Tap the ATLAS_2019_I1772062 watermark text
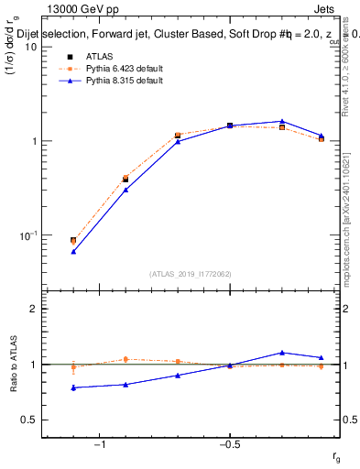[191, 273]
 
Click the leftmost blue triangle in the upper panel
[73, 250]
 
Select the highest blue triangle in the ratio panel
[282, 352]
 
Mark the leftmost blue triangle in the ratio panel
[73, 387]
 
